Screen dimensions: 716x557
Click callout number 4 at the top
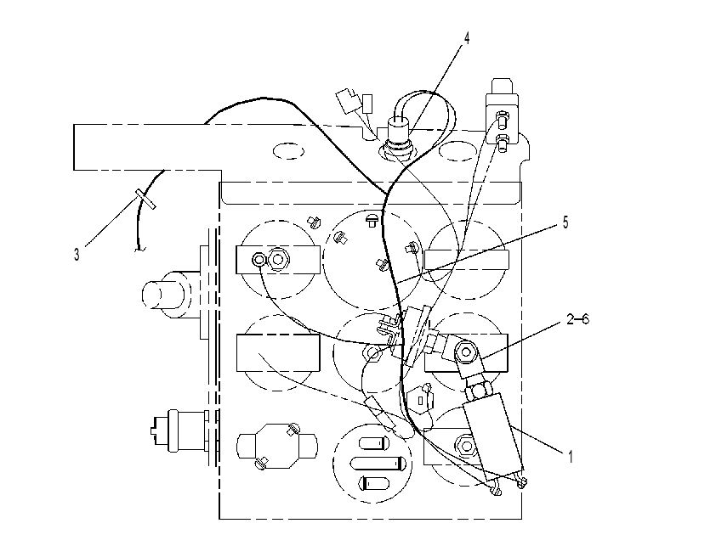466,38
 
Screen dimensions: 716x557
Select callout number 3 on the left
77,255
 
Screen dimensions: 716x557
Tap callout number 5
565,223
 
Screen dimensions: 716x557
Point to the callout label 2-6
577,319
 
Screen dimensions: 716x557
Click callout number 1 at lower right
570,456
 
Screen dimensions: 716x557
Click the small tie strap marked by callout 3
145,200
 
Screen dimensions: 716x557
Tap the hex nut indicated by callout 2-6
466,352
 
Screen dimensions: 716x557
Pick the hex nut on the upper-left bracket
277,259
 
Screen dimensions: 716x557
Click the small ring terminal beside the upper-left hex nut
259,260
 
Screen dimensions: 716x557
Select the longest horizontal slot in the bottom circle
378,463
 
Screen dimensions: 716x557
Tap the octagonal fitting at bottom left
277,445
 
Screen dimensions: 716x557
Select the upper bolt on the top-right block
502,119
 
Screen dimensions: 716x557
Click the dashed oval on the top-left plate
288,151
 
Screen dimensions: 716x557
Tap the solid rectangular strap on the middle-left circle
277,353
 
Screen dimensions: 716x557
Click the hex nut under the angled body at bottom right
465,444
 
